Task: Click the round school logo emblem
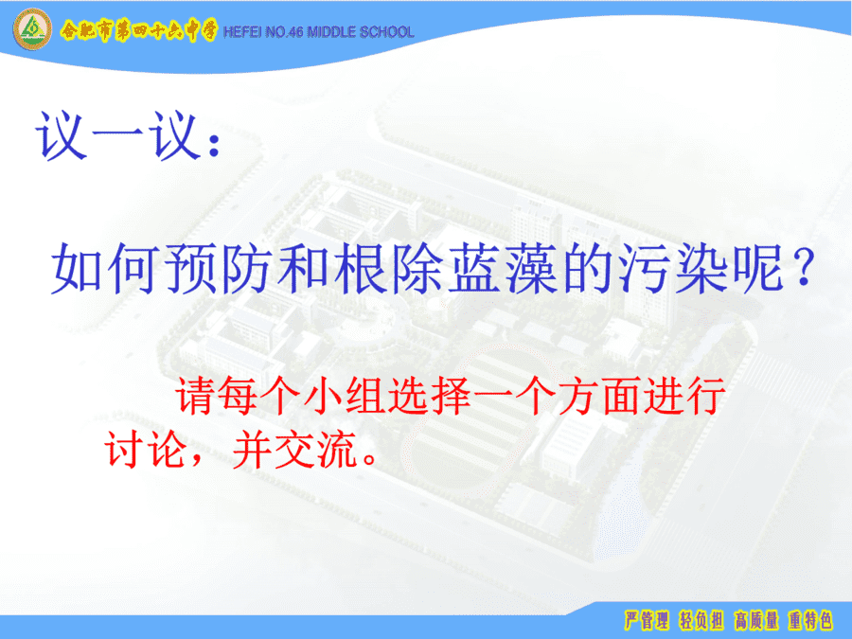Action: (x=32, y=29)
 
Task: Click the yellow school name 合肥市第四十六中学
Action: (x=138, y=31)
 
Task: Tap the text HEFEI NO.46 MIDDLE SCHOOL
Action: (x=318, y=32)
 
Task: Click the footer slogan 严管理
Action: (x=646, y=620)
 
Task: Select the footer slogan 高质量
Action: (x=756, y=620)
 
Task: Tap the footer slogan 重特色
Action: (x=811, y=620)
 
